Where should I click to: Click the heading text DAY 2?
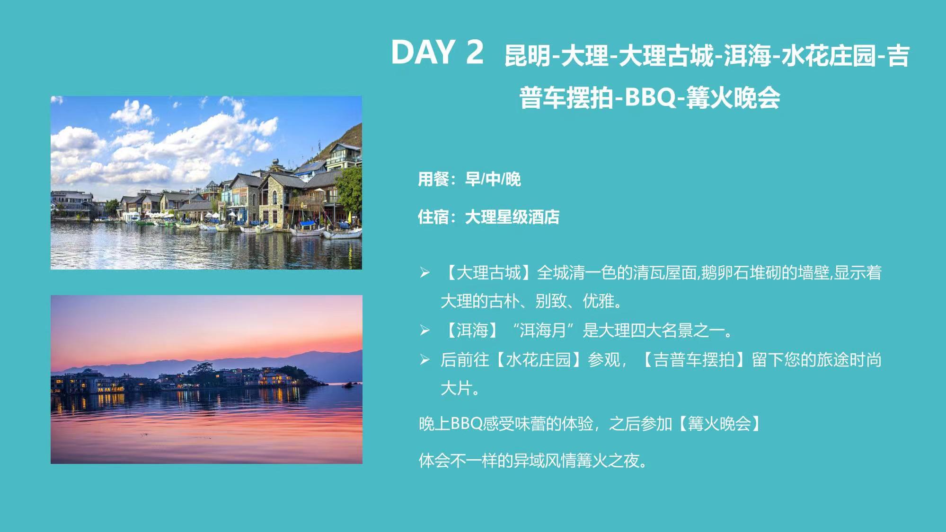(x=437, y=52)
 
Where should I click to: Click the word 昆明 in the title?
(x=528, y=56)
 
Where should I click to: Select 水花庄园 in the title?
(x=829, y=56)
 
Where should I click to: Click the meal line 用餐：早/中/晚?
(x=469, y=179)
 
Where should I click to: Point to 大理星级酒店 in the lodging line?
(x=512, y=217)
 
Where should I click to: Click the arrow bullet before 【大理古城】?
(x=424, y=273)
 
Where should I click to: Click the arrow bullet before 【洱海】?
(x=424, y=331)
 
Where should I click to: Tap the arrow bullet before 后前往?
(x=424, y=360)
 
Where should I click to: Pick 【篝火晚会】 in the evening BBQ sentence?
(x=720, y=424)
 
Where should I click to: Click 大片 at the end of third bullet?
(x=456, y=389)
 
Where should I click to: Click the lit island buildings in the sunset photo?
(x=189, y=379)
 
